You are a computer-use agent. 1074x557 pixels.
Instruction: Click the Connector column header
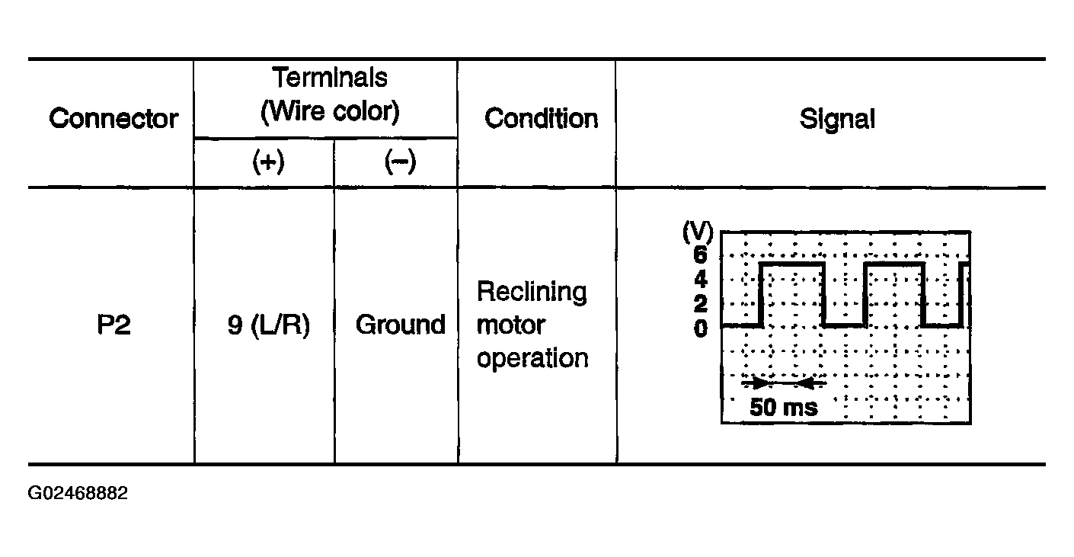113,119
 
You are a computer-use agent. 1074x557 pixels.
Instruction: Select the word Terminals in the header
330,77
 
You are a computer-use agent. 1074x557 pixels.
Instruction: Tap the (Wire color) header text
330,112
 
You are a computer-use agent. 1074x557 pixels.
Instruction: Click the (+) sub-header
268,162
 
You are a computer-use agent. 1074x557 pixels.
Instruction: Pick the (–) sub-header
401,162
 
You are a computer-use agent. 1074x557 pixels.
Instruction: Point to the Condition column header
542,119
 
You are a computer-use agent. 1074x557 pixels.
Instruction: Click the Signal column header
837,120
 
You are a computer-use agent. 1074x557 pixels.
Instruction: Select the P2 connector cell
113,325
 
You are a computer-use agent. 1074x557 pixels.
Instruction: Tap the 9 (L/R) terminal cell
268,325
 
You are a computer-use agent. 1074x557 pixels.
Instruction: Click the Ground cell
401,325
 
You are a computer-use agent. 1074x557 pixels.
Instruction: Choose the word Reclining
532,293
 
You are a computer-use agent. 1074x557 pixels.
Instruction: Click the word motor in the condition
511,325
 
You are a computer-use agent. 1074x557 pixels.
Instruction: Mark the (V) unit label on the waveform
698,232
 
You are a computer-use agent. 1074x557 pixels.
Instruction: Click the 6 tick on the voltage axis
701,254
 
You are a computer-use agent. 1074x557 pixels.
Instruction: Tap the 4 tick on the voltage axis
701,279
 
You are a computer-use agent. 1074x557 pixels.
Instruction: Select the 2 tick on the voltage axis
701,304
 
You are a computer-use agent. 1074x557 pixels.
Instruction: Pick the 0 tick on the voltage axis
701,329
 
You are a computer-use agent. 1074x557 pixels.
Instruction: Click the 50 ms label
784,408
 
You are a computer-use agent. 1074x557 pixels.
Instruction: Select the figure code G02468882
78,493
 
